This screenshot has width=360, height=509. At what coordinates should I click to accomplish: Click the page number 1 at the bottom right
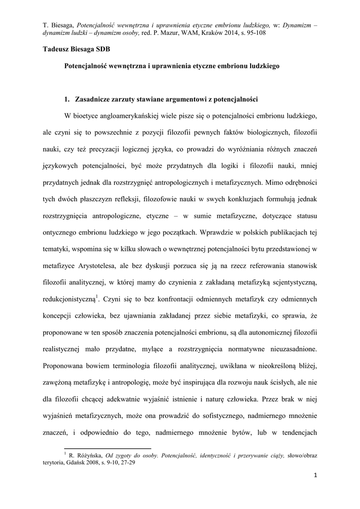point(315,475)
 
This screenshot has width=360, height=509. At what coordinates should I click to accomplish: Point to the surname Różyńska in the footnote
point(86,455)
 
